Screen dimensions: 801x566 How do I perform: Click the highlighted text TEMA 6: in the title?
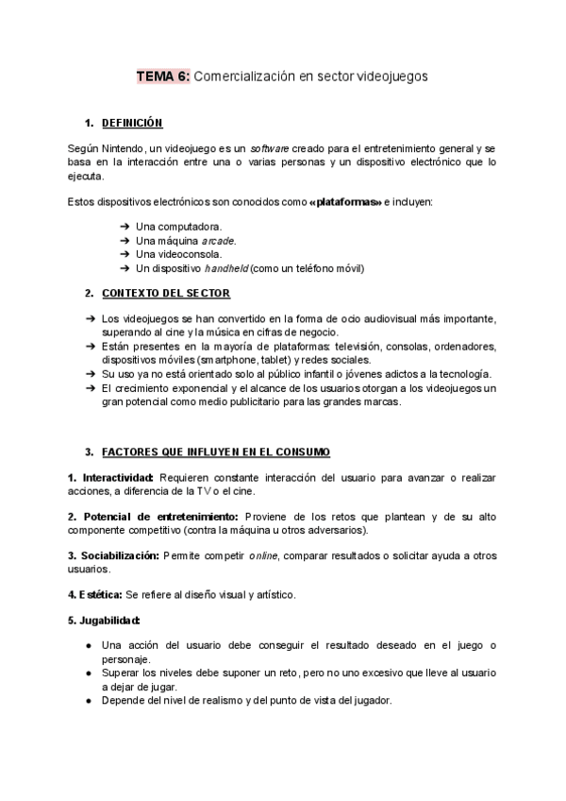point(163,76)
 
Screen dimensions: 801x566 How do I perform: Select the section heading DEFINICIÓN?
point(132,123)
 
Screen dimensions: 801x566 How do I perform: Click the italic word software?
point(268,148)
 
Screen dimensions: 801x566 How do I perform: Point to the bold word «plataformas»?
point(345,202)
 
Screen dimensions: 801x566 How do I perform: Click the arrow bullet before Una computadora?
point(125,227)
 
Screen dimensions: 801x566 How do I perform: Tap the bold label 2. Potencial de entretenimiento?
point(155,517)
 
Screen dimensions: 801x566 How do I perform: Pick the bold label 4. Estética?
point(94,594)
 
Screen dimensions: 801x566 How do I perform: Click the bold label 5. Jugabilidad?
point(105,620)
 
